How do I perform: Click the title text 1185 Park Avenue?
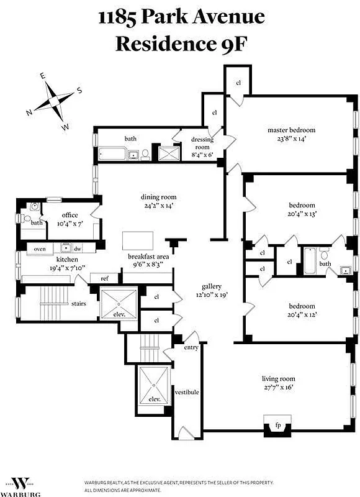[181, 17]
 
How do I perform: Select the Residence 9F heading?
[181, 43]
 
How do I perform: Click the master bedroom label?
[291, 130]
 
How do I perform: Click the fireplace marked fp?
[277, 426]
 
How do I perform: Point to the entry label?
[191, 347]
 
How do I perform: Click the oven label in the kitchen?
[40, 248]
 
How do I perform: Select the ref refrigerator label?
[104, 279]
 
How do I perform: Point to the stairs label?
[78, 304]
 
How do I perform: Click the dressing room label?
[202, 139]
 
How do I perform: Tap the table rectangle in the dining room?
[137, 240]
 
